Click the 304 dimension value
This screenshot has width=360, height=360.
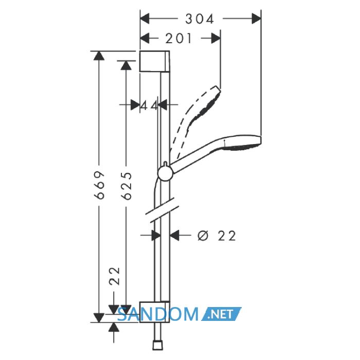tap(200, 19)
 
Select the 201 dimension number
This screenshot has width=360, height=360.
tap(178, 39)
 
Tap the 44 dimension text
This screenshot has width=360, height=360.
tap(149, 106)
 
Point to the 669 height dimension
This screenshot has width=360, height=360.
tap(99, 185)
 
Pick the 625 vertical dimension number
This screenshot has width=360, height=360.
tap(127, 186)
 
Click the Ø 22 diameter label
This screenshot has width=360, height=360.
tap(217, 236)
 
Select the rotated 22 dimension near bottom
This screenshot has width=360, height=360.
tap(115, 276)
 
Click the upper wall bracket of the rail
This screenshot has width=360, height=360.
tap(155, 61)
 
